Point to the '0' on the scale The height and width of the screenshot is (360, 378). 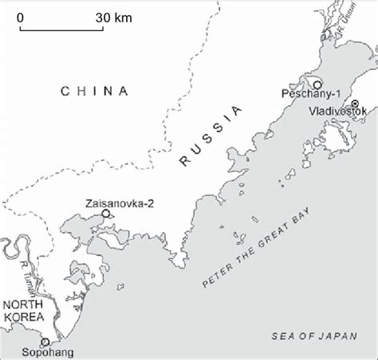[x=20, y=17]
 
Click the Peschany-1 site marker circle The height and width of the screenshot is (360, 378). [x=317, y=84]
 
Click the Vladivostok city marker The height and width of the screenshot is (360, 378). [x=355, y=104]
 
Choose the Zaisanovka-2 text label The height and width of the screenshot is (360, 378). [x=116, y=203]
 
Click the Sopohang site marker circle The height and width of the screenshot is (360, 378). [x=45, y=342]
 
